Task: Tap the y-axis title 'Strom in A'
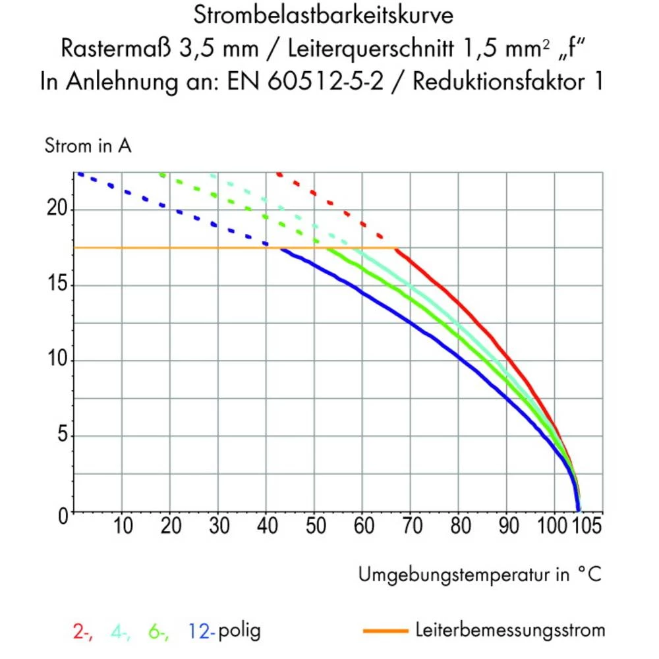tap(88, 146)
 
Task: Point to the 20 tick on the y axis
tap(59, 210)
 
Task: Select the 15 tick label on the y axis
tap(59, 285)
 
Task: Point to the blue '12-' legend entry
tap(202, 631)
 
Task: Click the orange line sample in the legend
tap(386, 631)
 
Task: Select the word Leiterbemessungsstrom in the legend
tap(510, 630)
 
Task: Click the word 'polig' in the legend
tap(239, 631)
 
